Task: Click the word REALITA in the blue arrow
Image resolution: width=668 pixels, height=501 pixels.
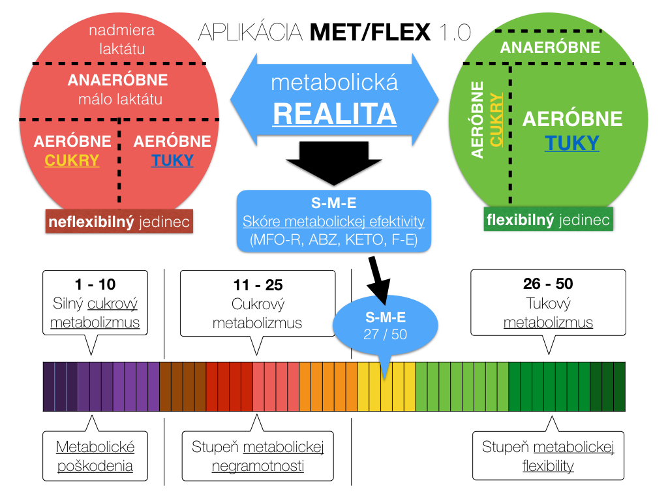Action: (335, 114)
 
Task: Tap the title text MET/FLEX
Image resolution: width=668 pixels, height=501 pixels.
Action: (371, 31)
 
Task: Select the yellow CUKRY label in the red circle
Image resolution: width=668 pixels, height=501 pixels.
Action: (72, 160)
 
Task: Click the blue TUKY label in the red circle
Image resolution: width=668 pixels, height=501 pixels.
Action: (172, 160)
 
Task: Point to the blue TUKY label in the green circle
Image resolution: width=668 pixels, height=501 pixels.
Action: (572, 143)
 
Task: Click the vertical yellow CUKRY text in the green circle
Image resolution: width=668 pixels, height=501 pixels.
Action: (497, 120)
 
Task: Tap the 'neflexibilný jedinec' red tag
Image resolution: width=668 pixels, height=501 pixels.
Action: (119, 222)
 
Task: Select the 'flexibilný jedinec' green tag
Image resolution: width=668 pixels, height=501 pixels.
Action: (548, 220)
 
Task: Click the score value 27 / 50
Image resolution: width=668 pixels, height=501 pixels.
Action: (385, 335)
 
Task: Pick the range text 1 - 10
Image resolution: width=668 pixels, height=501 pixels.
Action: (95, 285)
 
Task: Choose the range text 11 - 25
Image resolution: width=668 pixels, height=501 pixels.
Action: (258, 285)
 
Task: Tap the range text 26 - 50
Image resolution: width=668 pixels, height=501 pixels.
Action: (548, 284)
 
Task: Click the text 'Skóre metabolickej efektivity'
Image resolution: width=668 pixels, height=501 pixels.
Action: (333, 222)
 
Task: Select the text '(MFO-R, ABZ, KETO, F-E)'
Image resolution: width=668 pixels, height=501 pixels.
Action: (333, 240)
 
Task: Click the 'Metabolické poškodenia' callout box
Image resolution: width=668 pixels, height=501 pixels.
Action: (95, 456)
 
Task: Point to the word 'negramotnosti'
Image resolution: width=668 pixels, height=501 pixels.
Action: (258, 466)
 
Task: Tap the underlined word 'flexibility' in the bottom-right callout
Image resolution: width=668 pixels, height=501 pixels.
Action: (548, 466)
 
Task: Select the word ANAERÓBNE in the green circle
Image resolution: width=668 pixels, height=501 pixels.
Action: (550, 47)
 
